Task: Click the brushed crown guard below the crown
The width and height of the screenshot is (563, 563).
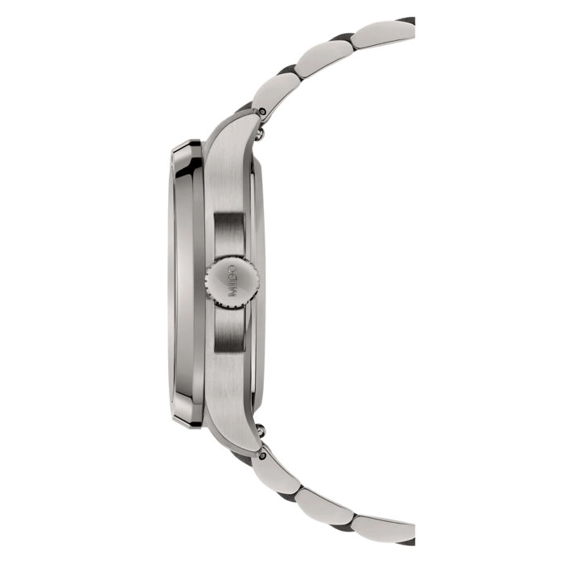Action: [x=232, y=330]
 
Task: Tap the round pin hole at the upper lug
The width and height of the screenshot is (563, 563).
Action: [x=264, y=103]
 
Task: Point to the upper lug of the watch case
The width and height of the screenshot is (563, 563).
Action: [x=241, y=121]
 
